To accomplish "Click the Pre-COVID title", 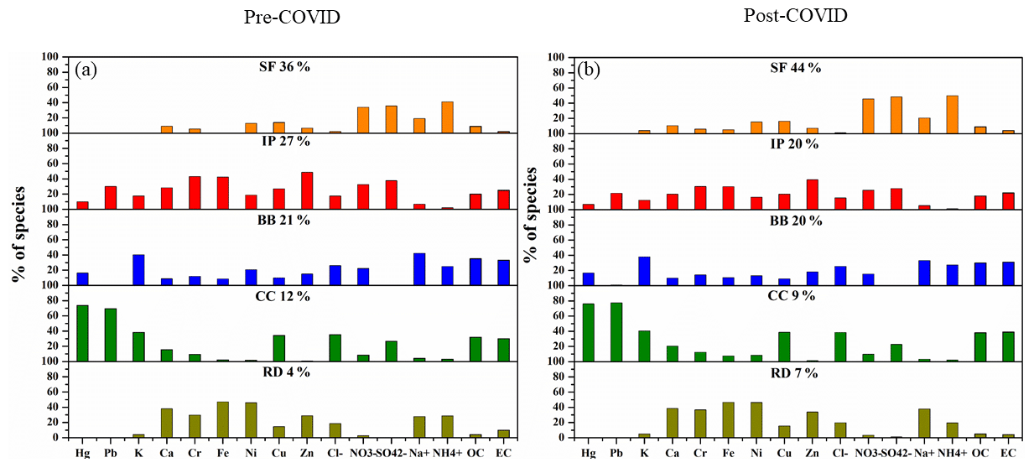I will pyautogui.click(x=292, y=18).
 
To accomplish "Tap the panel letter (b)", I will pyautogui.click(x=590, y=70).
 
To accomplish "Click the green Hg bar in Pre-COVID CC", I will pyautogui.click(x=82, y=333).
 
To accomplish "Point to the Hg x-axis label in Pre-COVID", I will pyautogui.click(x=82, y=454).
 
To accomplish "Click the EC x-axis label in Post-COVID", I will pyautogui.click(x=1009, y=454).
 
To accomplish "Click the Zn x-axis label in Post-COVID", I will pyautogui.click(x=812, y=454).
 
